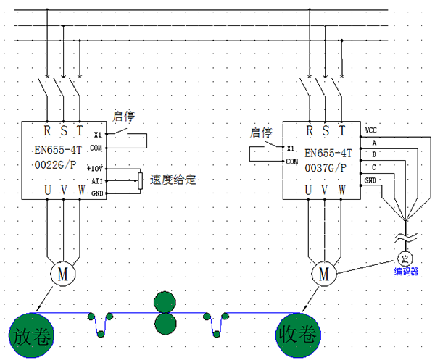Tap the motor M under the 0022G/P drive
(63, 273)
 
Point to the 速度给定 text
(173, 180)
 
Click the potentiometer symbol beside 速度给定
(140, 180)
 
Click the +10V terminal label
(97, 167)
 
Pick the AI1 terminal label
(97, 180)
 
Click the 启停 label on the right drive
(260, 133)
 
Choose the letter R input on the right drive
(310, 131)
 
